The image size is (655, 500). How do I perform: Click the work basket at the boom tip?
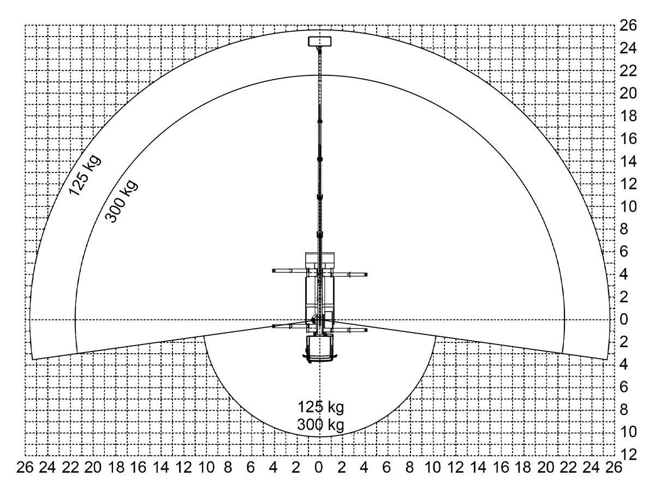click(320, 41)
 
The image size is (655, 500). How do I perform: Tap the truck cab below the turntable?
click(320, 349)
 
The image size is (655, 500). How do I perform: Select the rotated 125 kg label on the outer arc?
click(85, 175)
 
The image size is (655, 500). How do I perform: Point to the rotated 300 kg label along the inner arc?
click(121, 201)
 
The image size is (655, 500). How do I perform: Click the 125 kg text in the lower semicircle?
click(321, 407)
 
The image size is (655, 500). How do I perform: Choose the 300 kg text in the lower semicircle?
click(321, 425)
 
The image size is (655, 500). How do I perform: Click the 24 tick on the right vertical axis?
click(628, 48)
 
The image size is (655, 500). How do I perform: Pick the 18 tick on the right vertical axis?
click(628, 116)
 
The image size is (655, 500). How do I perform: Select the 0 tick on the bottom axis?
click(319, 467)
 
